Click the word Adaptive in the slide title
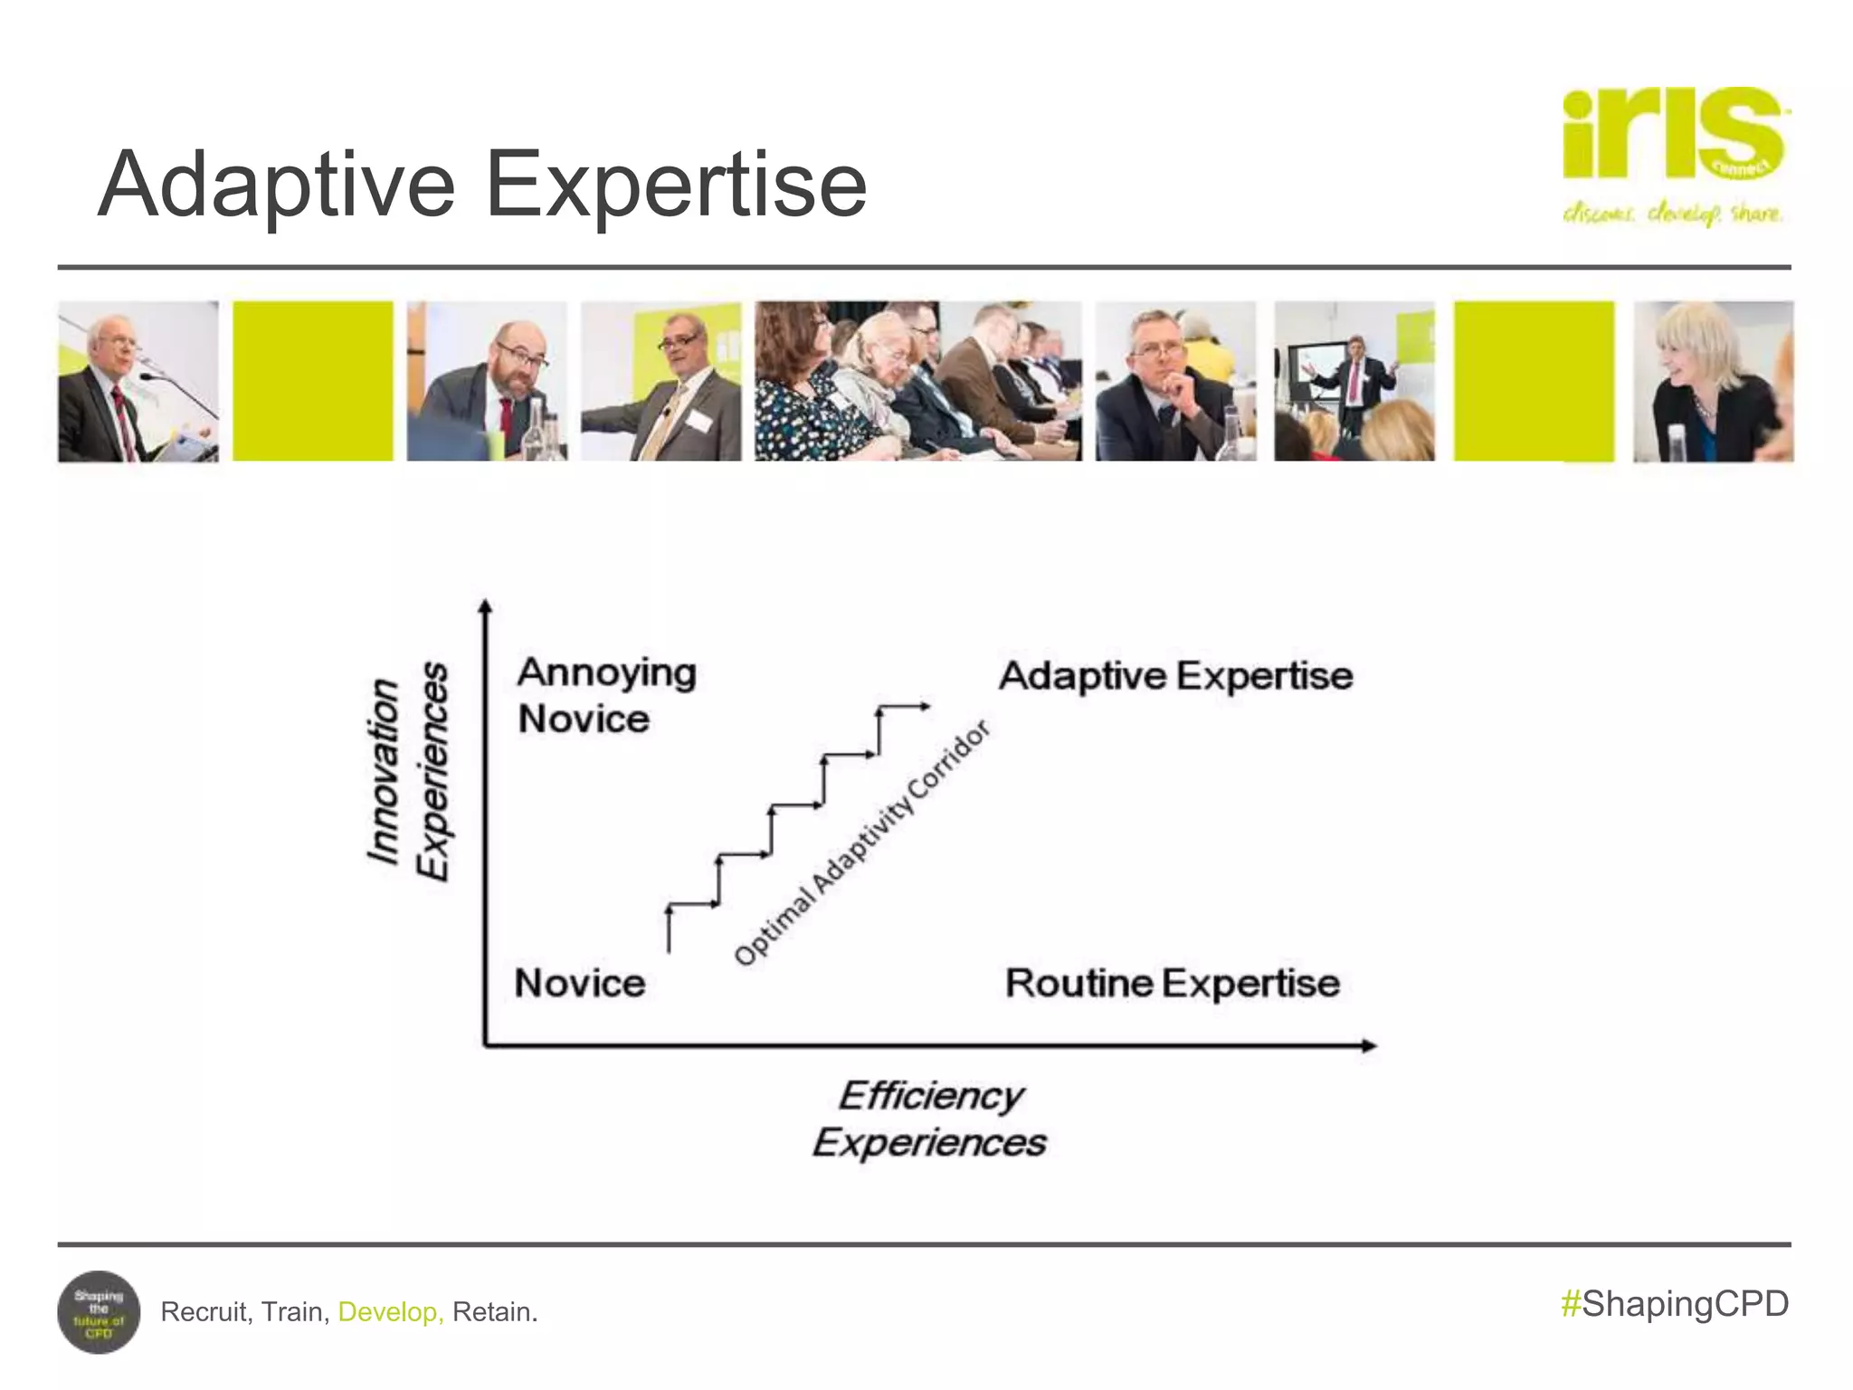pos(276,186)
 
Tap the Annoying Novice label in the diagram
pos(605,695)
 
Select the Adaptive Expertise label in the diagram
pos(1174,676)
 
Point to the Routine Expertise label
pos(1172,983)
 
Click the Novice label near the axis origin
pos(579,983)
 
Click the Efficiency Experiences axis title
pos(929,1119)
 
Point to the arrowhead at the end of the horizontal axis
pos(1370,1046)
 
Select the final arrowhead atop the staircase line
pos(924,707)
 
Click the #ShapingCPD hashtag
pos(1675,1304)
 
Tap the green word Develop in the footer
pos(390,1311)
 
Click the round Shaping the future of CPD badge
pos(99,1311)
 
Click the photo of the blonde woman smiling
pos(1712,381)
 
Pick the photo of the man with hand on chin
pos(1174,381)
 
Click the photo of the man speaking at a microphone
pos(138,381)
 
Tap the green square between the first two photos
pos(313,381)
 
